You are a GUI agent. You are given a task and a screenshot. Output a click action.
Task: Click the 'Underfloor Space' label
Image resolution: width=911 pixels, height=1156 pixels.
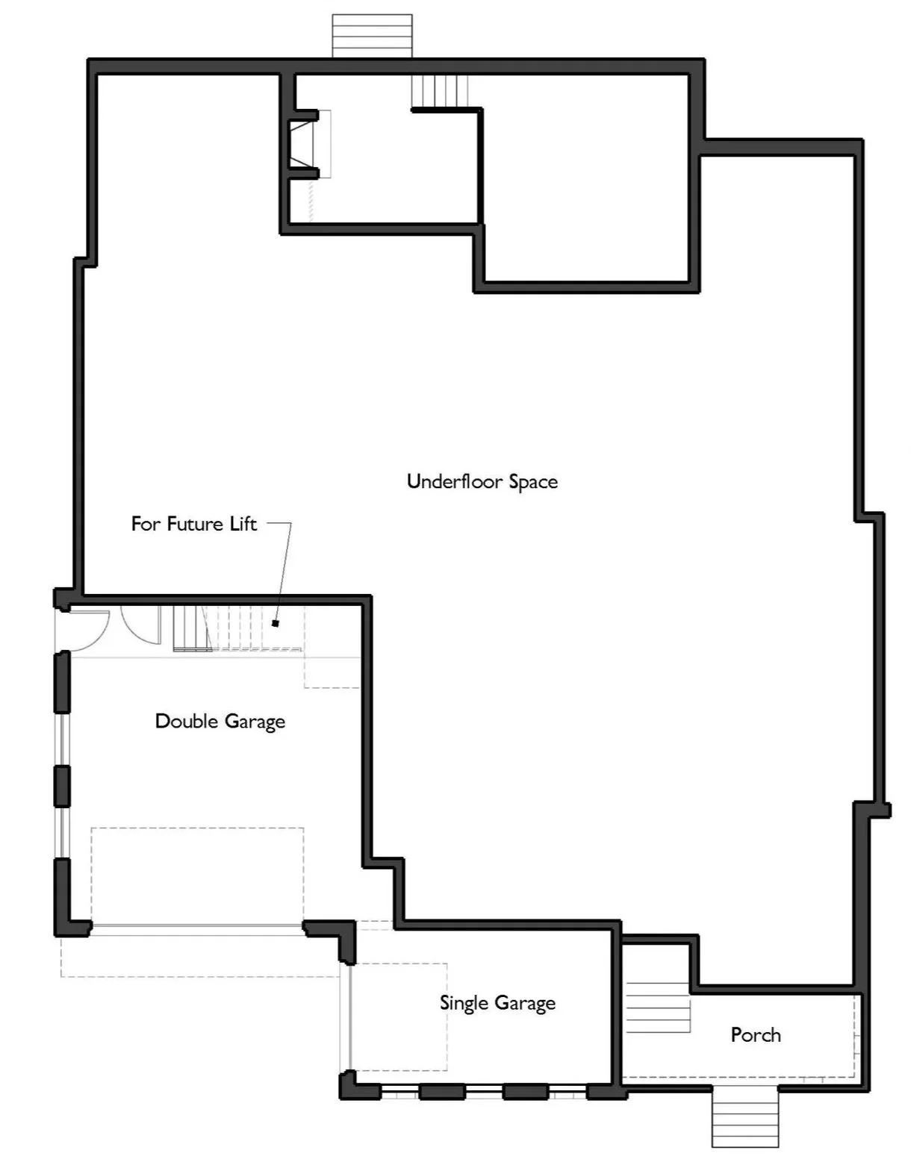click(482, 481)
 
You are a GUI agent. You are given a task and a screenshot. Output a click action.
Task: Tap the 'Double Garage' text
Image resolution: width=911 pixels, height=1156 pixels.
click(220, 722)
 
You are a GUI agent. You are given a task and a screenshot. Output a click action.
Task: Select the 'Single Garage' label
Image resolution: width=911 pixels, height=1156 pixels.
click(497, 1003)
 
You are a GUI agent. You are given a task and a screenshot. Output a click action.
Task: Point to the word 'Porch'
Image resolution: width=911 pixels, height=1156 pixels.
click(756, 1035)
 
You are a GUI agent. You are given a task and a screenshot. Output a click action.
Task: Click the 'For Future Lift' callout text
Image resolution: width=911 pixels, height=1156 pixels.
click(194, 524)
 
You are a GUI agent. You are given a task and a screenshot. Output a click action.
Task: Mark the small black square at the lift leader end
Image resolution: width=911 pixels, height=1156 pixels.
click(276, 623)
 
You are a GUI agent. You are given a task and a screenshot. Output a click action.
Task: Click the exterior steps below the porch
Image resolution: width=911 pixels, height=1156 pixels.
click(744, 1116)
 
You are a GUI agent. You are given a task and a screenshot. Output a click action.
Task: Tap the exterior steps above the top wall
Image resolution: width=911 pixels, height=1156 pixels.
click(372, 36)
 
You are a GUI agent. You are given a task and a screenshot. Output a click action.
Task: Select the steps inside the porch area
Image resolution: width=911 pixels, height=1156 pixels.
click(657, 1007)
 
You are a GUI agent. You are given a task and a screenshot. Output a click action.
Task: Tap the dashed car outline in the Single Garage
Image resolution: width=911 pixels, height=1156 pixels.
click(399, 1016)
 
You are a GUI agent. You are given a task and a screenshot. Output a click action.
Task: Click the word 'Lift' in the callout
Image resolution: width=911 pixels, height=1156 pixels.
click(243, 524)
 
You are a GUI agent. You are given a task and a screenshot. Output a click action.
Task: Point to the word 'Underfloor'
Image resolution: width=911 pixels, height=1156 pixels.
click(455, 481)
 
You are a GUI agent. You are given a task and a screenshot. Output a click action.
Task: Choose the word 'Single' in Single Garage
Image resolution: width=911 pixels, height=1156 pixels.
click(464, 1003)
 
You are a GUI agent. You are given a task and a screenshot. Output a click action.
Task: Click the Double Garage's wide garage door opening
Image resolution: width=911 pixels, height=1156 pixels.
click(196, 928)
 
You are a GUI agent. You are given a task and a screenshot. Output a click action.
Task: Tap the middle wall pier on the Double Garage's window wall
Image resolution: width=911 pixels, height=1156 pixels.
click(62, 786)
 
